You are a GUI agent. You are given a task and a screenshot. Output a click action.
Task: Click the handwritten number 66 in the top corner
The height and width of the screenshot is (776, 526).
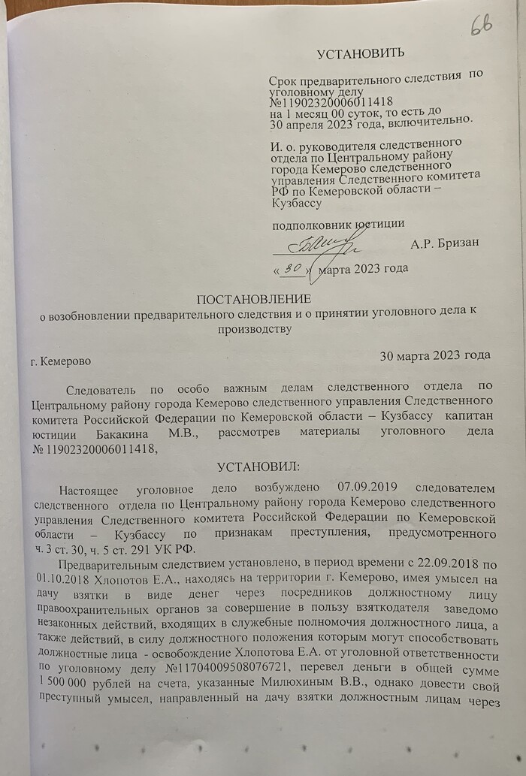tap(481, 27)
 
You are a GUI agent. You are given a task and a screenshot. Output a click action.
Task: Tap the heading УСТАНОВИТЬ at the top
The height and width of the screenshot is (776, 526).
tap(361, 53)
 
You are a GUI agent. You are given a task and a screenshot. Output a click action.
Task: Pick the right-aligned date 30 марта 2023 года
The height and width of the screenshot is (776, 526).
tap(436, 355)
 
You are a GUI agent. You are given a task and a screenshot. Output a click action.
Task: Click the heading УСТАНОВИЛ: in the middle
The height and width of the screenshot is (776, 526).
tap(258, 467)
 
